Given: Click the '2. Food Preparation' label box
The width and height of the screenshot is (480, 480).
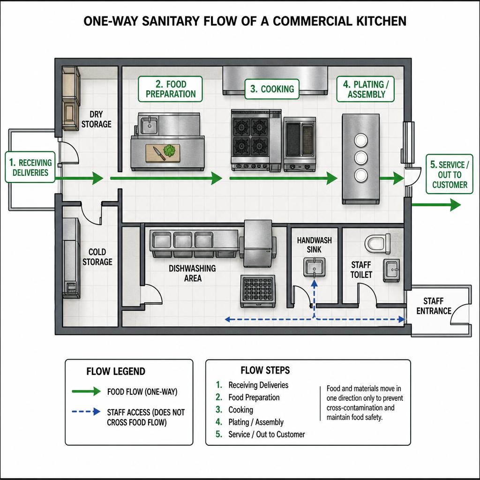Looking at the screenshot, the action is click(170, 89).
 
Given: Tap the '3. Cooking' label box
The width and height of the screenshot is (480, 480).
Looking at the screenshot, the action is click(272, 89).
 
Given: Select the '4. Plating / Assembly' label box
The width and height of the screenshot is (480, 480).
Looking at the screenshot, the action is click(365, 89).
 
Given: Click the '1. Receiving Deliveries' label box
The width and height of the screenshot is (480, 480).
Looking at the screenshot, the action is click(30, 167).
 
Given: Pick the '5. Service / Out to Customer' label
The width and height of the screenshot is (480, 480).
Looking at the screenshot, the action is click(450, 174).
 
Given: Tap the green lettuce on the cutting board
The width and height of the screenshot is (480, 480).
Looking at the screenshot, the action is click(170, 150).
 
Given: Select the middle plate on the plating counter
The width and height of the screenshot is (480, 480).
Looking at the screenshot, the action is click(361, 157).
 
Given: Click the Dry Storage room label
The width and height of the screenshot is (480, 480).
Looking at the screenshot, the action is click(96, 119).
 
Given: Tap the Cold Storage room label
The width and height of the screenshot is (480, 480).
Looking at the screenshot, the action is click(97, 257).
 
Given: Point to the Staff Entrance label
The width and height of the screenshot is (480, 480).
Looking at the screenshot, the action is click(434, 306).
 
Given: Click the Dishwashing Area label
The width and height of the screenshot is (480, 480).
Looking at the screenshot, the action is click(192, 273).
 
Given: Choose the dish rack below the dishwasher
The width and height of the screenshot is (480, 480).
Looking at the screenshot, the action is click(258, 291).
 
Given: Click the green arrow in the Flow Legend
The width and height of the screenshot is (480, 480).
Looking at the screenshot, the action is click(86, 391).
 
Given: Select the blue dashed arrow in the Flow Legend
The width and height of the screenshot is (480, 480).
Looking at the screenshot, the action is click(86, 412).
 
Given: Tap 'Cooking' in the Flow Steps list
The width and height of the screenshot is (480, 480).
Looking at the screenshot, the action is click(240, 410).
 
